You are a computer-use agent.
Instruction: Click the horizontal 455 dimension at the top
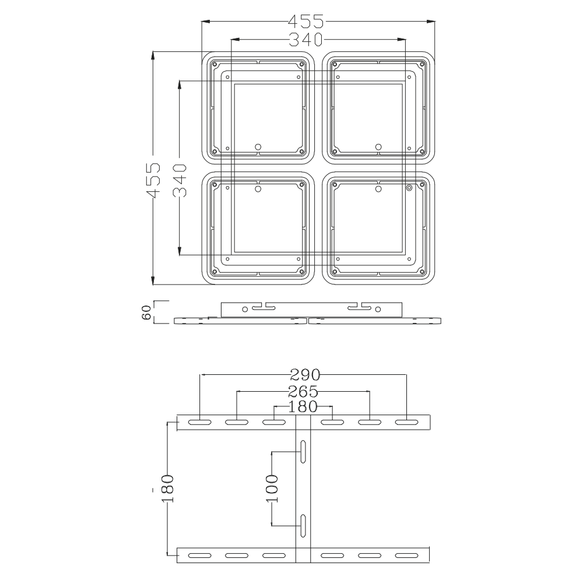click(x=305, y=22)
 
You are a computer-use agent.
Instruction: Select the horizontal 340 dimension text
click(x=305, y=40)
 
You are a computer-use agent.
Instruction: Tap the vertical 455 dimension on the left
click(x=153, y=181)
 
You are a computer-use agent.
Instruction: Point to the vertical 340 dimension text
click(x=180, y=181)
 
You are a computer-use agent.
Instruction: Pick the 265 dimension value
click(x=303, y=391)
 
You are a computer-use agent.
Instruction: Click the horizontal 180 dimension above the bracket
click(x=303, y=406)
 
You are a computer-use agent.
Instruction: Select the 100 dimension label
click(x=272, y=489)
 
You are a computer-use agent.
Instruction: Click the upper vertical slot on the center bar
click(x=303, y=452)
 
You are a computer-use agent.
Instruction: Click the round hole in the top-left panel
click(x=259, y=146)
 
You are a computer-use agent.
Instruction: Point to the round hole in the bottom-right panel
click(x=378, y=188)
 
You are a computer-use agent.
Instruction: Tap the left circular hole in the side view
click(x=245, y=308)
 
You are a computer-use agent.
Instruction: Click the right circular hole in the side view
click(x=378, y=308)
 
